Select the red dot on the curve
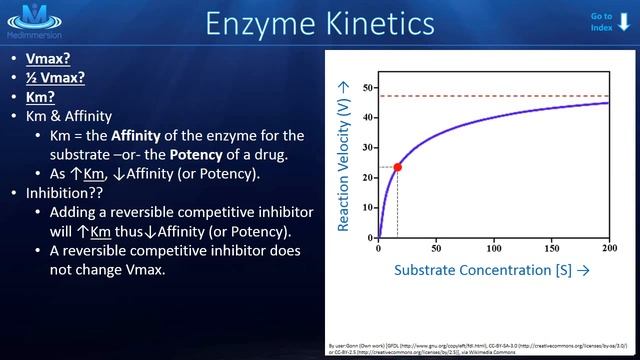(x=398, y=167)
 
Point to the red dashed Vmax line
(x=500, y=96)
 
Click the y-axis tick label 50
(x=368, y=87)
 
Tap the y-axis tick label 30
(x=368, y=148)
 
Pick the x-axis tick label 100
(x=494, y=247)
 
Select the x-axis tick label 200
(x=608, y=247)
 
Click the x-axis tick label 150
(x=551, y=247)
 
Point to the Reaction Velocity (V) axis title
(x=343, y=158)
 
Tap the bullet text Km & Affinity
(x=69, y=115)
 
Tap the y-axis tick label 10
(x=368, y=208)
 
